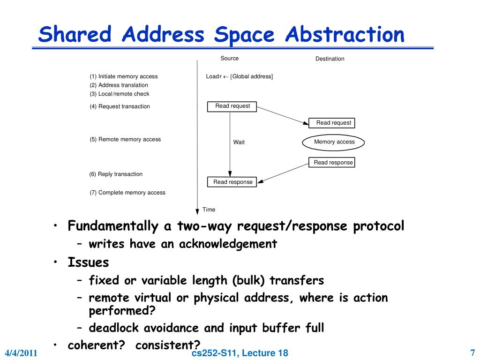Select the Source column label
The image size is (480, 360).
pos(230,59)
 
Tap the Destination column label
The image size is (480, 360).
pos(330,59)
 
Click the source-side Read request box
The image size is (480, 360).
pos(232,106)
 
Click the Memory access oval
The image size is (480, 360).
pos(334,142)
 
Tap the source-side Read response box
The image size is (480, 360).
pos(232,182)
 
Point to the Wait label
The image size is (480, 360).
pos(239,142)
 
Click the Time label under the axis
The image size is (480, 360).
pos(209,210)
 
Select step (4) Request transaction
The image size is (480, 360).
pos(120,106)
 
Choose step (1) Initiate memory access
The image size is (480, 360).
pos(124,76)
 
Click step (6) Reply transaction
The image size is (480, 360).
pos(116,174)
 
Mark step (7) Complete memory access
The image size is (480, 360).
pos(127,193)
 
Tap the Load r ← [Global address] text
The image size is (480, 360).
pos(239,76)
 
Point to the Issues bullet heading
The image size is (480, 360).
pos(88,262)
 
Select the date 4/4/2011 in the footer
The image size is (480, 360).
pos(21,353)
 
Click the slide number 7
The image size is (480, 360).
pos(472,352)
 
